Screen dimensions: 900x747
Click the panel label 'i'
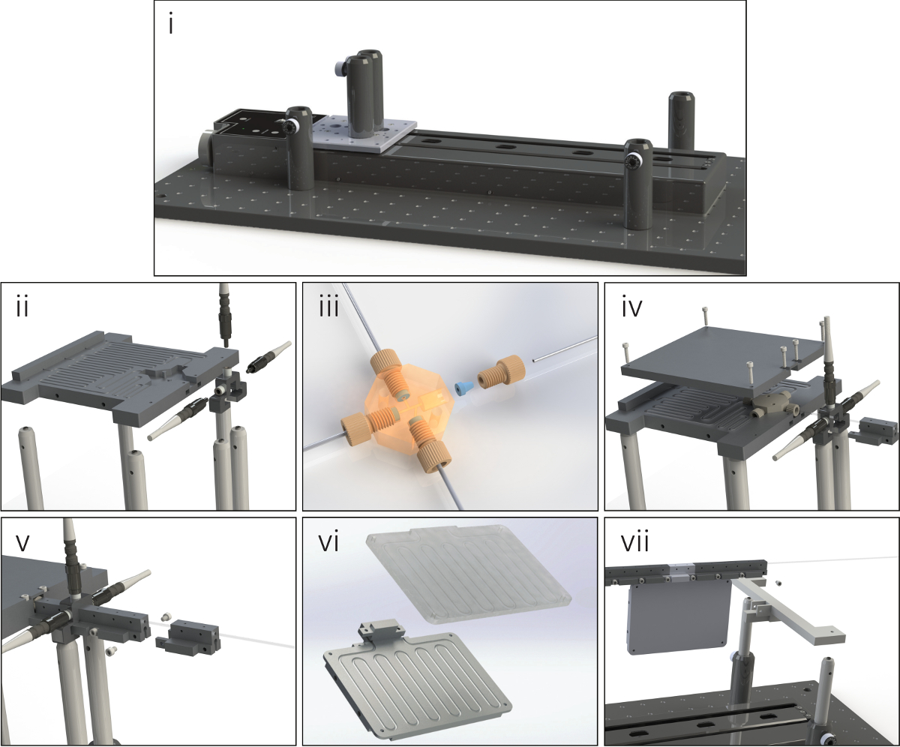[171, 25]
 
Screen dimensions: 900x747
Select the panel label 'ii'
[22, 307]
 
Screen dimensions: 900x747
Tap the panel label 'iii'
[328, 307]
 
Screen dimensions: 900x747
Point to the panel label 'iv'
[632, 307]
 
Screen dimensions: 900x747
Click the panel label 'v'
[22, 544]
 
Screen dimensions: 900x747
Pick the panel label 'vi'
[328, 544]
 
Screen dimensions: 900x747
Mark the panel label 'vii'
[635, 544]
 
